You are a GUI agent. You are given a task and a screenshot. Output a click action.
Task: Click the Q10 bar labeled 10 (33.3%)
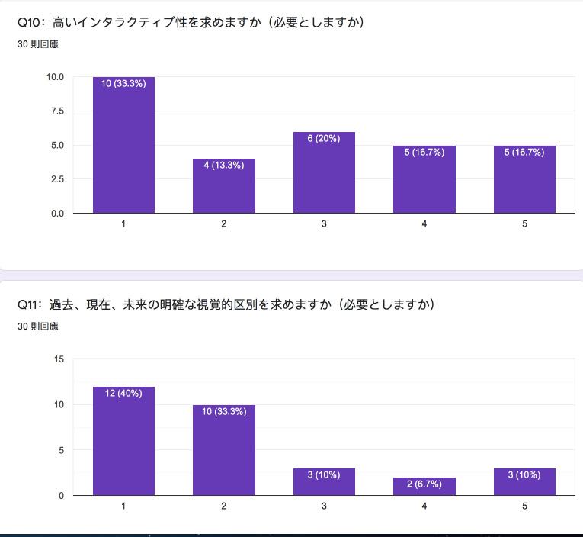pos(123,145)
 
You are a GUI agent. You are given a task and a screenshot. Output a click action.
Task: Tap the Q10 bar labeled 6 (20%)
pos(324,172)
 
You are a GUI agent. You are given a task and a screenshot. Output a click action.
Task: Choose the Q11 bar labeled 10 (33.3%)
pos(223,450)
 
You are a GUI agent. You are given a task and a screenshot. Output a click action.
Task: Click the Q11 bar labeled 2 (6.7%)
pos(424,487)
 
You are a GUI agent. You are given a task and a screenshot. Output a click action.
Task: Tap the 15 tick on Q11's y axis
pos(59,359)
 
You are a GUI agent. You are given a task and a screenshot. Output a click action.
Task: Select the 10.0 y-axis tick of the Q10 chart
pos(55,77)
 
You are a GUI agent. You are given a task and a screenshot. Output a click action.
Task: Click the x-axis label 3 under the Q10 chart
pos(324,224)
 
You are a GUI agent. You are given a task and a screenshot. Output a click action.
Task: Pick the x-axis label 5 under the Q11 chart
pos(524,506)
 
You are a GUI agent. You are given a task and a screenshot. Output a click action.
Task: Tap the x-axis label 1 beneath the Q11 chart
pos(123,506)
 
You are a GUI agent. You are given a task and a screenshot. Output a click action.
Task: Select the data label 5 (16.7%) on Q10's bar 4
pos(424,153)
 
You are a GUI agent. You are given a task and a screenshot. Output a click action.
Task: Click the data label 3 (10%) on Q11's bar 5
pos(524,475)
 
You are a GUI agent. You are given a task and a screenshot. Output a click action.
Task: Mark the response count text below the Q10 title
pos(37,44)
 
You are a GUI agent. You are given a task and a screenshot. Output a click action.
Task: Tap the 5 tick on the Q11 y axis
pos(61,450)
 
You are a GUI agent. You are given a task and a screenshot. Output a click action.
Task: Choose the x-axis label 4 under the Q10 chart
pos(424,224)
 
